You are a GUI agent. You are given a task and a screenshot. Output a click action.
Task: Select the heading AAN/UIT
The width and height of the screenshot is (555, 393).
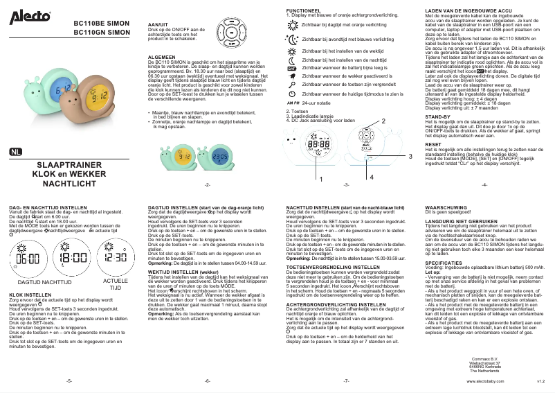coord(158,24)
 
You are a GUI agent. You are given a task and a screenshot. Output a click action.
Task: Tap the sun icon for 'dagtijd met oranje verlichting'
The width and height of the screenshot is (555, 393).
coord(291,24)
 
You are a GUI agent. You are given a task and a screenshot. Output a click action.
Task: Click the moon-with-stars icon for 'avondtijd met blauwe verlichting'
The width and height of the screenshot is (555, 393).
coord(291,40)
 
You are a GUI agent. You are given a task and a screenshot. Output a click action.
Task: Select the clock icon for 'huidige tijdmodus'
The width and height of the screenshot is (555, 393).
coord(291,93)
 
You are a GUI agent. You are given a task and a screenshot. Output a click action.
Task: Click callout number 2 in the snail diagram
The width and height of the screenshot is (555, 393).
coord(381,121)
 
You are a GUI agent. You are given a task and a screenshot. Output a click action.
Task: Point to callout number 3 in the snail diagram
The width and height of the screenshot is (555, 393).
coord(410,157)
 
